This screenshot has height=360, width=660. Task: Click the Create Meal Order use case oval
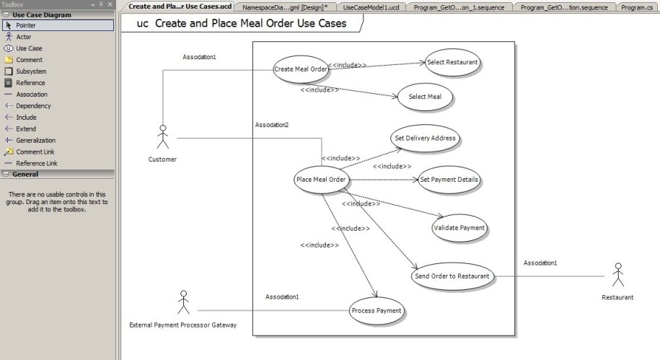[x=301, y=69]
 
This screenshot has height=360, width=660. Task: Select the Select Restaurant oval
[x=452, y=62]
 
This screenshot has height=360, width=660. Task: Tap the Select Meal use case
[x=425, y=97]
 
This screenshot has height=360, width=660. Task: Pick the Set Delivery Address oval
[x=425, y=138]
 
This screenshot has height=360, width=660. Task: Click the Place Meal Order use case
[x=321, y=180]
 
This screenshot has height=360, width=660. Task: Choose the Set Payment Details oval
[x=449, y=180]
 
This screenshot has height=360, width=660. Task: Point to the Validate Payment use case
[x=459, y=228]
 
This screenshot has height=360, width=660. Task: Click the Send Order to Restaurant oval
[x=452, y=276]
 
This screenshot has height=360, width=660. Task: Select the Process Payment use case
[x=377, y=311]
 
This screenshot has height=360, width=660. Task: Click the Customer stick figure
[x=163, y=136]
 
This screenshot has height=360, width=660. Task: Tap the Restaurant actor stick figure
[x=618, y=275]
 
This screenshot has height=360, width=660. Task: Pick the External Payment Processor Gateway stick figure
[x=183, y=302]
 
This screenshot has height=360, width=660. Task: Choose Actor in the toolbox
[x=24, y=37]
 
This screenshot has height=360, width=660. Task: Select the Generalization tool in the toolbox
[x=36, y=140]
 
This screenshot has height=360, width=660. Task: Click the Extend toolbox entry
[x=26, y=129]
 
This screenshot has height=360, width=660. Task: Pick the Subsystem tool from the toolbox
[x=31, y=71]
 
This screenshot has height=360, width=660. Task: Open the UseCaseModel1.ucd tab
[x=371, y=7]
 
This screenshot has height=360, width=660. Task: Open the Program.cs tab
[x=637, y=7]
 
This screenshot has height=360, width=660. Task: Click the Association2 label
[x=272, y=125]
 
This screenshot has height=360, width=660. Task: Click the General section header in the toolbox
[x=25, y=174]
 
